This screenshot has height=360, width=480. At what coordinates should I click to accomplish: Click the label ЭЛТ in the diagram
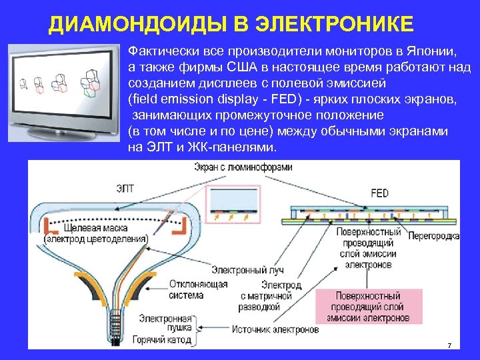coord(125,189)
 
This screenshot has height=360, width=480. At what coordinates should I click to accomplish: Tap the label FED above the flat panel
coord(379,193)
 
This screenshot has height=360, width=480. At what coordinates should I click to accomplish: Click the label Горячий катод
coord(163,339)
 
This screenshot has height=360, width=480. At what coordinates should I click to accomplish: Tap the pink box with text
coord(368,307)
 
